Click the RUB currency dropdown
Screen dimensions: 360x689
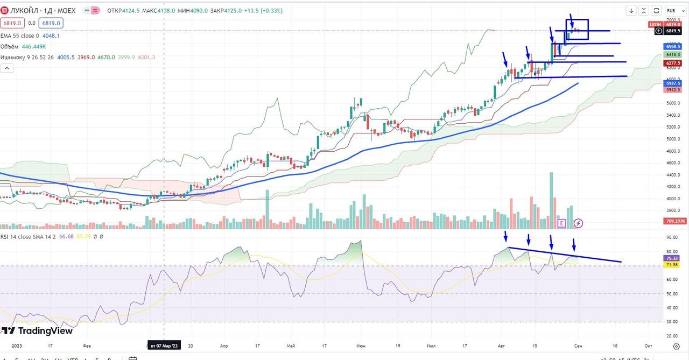(672, 10)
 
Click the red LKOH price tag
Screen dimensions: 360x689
(655, 25)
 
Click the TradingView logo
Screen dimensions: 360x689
(38, 331)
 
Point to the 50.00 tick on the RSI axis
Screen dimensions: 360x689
(671, 294)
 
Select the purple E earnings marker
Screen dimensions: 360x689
(562, 223)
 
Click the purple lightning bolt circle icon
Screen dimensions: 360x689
(578, 223)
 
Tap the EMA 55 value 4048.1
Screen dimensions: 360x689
(51, 36)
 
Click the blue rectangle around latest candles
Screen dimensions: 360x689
(577, 30)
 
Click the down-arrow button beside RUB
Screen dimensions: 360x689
(631, 10)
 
